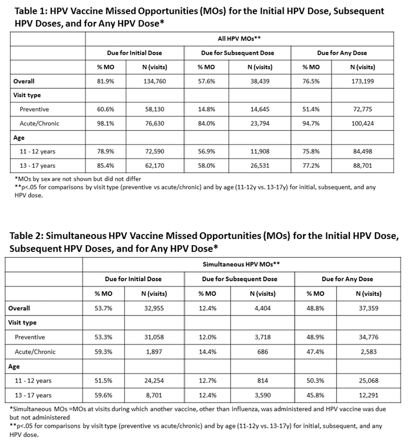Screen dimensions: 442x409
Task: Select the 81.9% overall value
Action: click(106, 82)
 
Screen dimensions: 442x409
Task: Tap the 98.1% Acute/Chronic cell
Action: click(106, 123)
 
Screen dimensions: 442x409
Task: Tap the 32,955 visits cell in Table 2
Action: click(152, 308)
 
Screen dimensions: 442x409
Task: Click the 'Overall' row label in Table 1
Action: click(23, 82)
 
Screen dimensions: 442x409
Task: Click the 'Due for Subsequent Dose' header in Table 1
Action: click(238, 53)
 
